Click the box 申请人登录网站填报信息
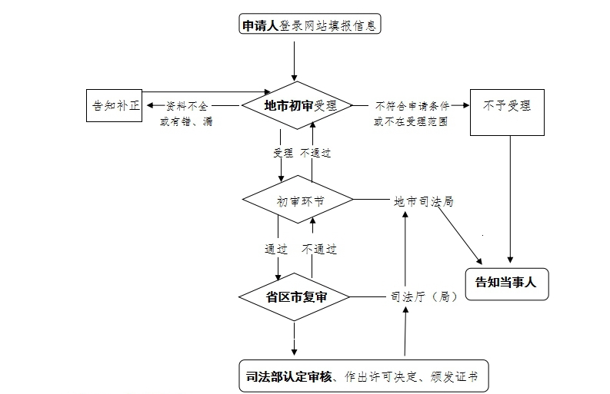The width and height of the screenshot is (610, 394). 309,25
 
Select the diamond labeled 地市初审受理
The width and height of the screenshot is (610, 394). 297,106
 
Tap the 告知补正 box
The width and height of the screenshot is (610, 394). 115,105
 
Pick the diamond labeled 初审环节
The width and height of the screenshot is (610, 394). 297,201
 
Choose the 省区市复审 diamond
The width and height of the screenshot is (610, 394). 297,296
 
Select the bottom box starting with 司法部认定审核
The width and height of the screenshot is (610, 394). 362,376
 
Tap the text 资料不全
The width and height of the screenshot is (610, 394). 187,105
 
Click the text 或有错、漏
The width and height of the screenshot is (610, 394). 186,121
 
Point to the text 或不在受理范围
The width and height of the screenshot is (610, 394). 411,121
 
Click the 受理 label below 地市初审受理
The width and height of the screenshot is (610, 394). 282,153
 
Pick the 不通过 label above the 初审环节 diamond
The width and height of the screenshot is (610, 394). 315,153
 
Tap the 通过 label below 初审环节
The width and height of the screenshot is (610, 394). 277,249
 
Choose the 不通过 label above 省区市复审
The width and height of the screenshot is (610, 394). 319,249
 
